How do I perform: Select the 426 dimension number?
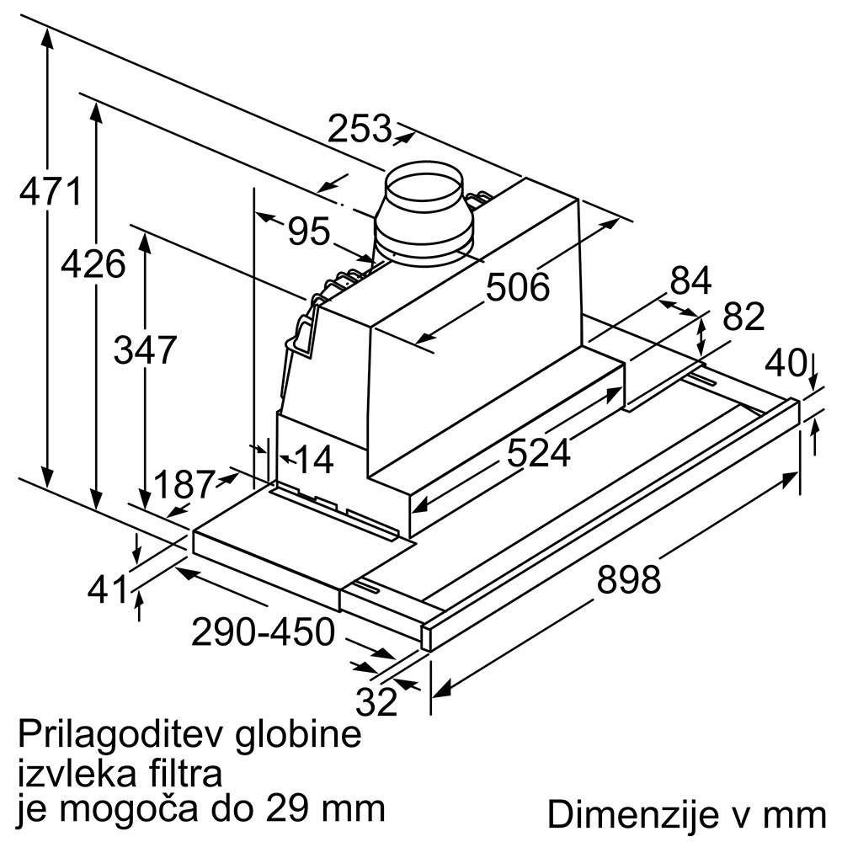click(93, 264)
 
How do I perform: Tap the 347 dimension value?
click(145, 349)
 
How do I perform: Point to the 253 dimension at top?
click(360, 129)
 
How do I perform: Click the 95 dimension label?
click(309, 231)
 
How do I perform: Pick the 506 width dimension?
click(518, 288)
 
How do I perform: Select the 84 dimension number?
click(691, 280)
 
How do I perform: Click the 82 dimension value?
click(743, 317)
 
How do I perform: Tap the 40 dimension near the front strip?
click(785, 363)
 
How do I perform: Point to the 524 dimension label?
click(539, 454)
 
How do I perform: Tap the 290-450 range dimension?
click(263, 631)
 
